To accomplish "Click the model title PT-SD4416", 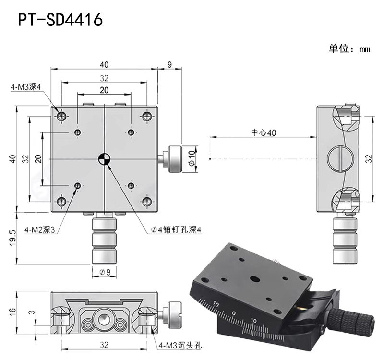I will [60, 20].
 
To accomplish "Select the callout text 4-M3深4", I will [26, 87].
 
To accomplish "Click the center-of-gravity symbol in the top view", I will [104, 158].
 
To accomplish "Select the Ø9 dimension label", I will [104, 272].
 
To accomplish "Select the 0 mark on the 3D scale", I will [233, 313].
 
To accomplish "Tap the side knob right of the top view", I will [172, 158].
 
